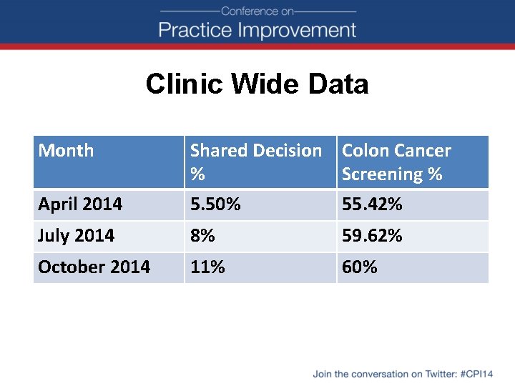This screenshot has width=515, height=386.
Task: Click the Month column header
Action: click(x=66, y=151)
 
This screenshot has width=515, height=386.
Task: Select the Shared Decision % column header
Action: click(x=255, y=162)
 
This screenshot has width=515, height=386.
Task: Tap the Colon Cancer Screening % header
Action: click(x=396, y=162)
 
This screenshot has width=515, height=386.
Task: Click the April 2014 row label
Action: click(x=80, y=204)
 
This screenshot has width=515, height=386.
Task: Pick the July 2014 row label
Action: click(x=76, y=235)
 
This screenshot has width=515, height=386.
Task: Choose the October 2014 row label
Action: click(x=94, y=267)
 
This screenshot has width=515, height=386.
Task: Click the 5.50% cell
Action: click(x=215, y=204)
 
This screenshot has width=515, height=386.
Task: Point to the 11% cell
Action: click(x=207, y=267)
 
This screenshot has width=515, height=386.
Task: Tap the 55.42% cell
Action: click(x=372, y=204)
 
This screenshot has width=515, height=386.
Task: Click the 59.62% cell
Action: click(x=372, y=235)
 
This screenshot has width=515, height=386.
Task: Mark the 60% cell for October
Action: click(x=360, y=267)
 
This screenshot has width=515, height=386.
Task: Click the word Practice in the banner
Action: click(x=195, y=30)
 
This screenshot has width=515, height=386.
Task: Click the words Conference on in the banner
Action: click(x=257, y=11)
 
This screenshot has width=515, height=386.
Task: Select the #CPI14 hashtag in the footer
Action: click(x=477, y=374)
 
